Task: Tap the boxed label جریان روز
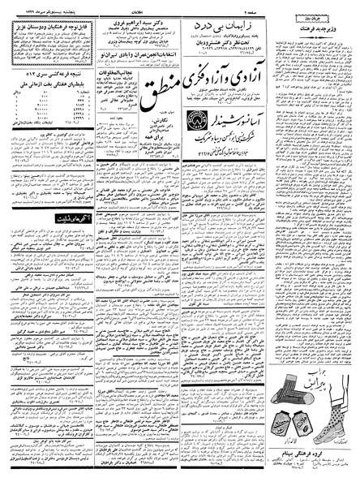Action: [332, 15]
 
